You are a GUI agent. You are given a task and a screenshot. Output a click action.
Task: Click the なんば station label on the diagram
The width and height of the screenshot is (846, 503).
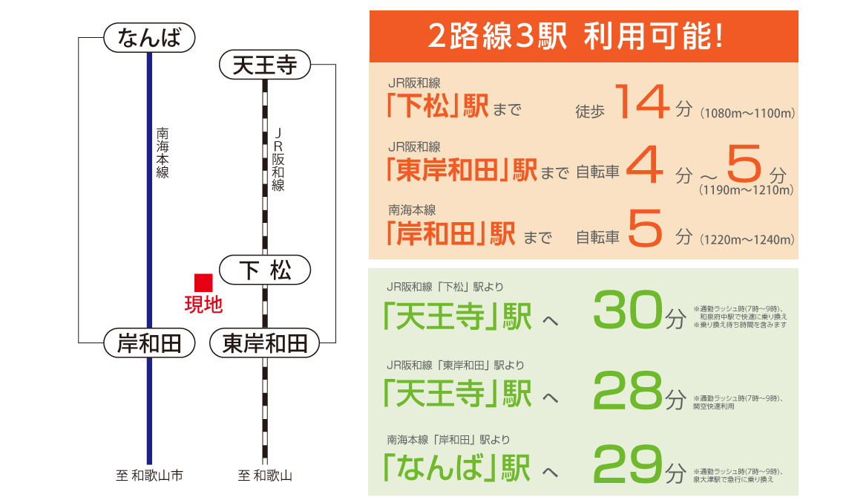(x=149, y=38)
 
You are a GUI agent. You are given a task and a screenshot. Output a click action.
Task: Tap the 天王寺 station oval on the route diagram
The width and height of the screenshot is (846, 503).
(x=265, y=65)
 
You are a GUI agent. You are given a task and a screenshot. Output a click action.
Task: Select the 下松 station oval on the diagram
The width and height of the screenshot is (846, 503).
(x=265, y=270)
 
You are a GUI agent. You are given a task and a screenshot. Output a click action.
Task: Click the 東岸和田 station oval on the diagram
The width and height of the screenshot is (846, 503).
(x=265, y=343)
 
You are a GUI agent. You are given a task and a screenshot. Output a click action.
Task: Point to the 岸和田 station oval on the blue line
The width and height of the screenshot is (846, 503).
(x=149, y=343)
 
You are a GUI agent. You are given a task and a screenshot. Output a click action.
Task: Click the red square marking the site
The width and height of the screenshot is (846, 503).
(x=203, y=283)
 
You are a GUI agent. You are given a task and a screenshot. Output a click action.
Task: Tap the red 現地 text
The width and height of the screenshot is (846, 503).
(x=203, y=305)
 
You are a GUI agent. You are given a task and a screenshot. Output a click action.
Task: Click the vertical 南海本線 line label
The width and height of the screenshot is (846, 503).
(x=163, y=153)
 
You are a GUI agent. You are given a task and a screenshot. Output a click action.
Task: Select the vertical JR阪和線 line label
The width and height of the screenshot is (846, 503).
(x=278, y=160)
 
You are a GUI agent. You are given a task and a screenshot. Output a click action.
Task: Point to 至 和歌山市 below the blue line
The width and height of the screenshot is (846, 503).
(x=149, y=476)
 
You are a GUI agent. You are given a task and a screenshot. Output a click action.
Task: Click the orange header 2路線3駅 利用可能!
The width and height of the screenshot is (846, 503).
(x=576, y=36)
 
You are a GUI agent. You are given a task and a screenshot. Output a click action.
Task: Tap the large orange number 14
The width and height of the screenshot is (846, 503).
(x=642, y=102)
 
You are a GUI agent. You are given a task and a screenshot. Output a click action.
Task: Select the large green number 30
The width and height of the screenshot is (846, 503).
(x=628, y=309)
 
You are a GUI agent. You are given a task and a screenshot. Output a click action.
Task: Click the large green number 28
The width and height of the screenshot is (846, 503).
(x=628, y=389)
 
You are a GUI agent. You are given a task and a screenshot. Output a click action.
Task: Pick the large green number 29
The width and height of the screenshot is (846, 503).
(x=628, y=464)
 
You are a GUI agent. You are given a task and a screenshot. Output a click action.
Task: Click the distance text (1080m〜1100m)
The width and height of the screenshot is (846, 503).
(x=747, y=114)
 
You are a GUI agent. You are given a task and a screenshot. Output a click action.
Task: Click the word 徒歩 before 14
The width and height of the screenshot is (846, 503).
(x=590, y=111)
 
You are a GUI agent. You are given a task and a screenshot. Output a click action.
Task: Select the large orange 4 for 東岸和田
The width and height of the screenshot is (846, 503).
(x=645, y=164)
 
